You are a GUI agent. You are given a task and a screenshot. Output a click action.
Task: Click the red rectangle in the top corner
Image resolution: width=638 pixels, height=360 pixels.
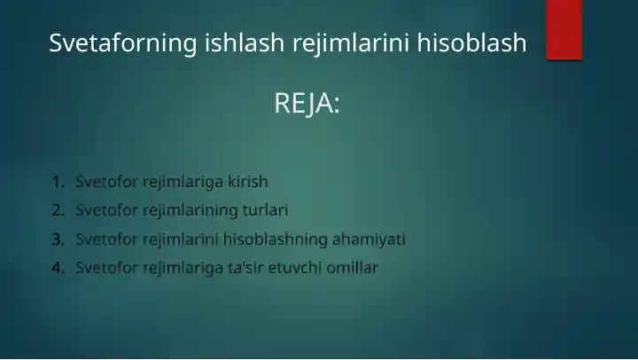click(x=564, y=28)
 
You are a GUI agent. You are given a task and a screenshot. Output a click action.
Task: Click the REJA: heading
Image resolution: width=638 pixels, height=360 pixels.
click(x=307, y=104)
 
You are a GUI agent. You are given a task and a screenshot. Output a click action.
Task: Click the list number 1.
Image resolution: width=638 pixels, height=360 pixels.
click(x=58, y=182)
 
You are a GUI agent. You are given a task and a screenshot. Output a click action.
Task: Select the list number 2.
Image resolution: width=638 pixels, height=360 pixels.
click(x=58, y=210)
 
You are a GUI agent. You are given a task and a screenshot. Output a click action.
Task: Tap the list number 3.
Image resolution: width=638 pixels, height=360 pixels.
click(x=58, y=239)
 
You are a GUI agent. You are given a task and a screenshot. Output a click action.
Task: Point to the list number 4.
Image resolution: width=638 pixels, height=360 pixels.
click(x=58, y=267)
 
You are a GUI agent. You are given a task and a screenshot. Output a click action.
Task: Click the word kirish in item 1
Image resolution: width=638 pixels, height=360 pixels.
click(x=247, y=182)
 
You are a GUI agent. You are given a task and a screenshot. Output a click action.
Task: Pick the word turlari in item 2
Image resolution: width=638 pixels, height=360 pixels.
click(x=266, y=210)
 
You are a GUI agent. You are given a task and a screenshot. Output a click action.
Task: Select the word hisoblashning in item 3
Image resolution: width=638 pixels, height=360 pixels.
click(x=275, y=239)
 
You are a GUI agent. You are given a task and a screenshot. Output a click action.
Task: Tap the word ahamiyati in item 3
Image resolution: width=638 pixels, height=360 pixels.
click(x=369, y=239)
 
